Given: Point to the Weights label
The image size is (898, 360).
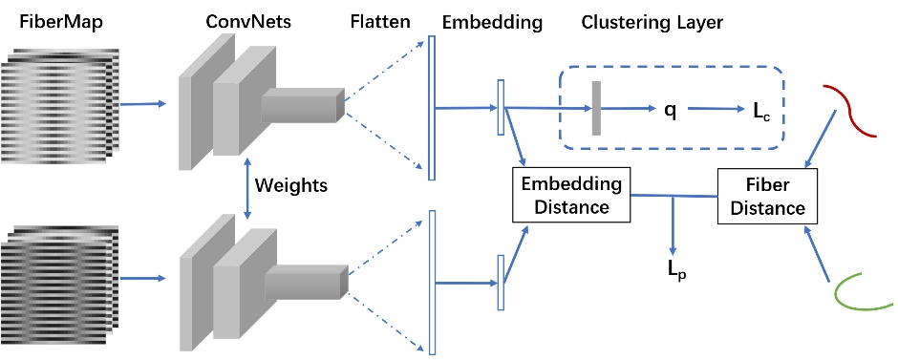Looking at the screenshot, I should (x=289, y=185).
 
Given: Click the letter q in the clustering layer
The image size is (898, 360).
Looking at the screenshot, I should (x=671, y=110).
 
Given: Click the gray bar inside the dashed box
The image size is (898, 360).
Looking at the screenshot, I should (x=596, y=109).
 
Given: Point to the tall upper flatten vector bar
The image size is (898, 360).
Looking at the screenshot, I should (x=432, y=108).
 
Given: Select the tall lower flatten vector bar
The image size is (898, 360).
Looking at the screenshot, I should (x=432, y=282).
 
